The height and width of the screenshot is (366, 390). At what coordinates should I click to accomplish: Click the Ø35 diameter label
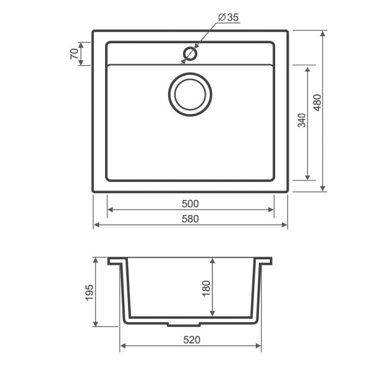228,17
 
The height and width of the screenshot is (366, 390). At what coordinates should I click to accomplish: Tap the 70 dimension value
74,54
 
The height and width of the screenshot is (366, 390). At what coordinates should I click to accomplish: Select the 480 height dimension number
317,103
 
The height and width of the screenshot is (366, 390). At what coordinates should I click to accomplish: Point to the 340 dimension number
302,120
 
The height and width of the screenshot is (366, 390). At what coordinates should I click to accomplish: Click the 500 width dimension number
190,204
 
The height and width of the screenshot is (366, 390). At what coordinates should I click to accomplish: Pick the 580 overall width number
190,219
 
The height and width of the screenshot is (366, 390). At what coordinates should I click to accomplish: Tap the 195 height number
89,293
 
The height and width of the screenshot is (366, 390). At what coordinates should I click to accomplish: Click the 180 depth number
206,288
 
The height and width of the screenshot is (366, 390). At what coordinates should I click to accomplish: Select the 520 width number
191,340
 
